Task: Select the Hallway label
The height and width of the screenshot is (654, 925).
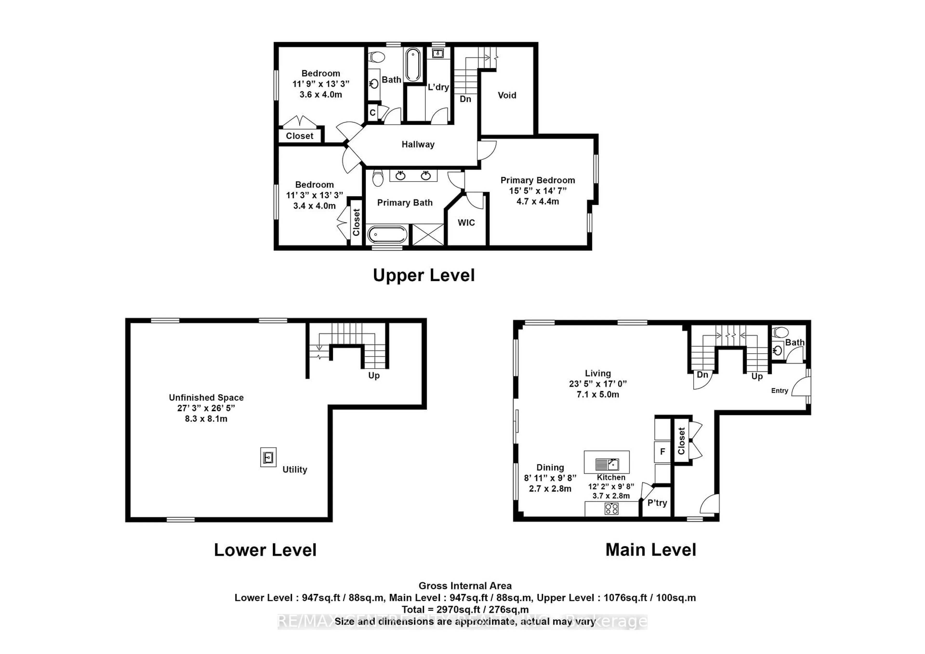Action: tap(418, 144)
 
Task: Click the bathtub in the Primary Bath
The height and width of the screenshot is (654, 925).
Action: tap(387, 234)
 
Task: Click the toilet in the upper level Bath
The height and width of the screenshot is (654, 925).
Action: tap(377, 56)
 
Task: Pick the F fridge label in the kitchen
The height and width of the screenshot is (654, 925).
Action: tap(662, 452)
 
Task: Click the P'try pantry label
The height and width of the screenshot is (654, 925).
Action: tap(657, 503)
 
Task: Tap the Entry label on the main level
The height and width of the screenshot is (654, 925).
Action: tap(779, 390)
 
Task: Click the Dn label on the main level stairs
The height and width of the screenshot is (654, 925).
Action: tap(702, 375)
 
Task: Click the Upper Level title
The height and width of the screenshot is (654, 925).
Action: tap(423, 275)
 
